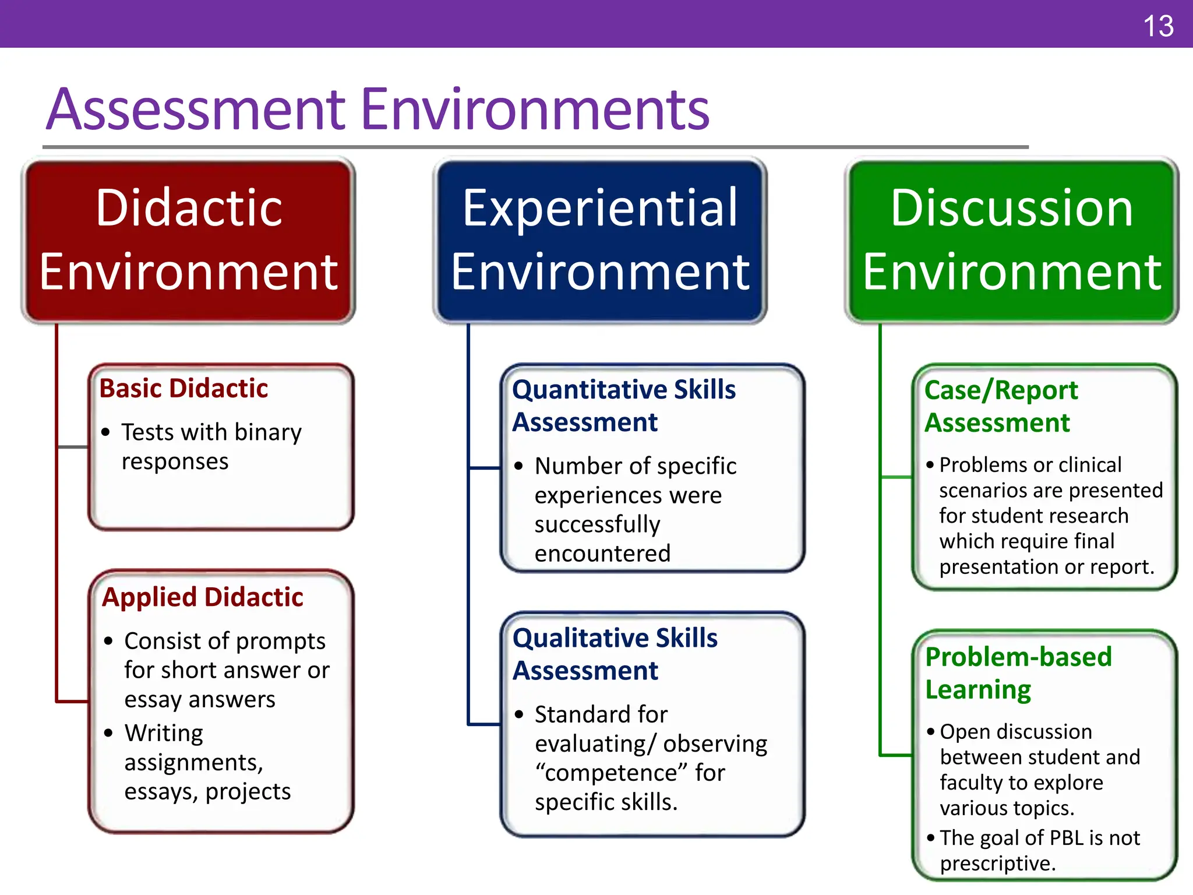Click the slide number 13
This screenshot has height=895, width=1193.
[1158, 27]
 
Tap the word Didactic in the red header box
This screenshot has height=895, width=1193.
[189, 208]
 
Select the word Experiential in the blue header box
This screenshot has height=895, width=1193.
[600, 208]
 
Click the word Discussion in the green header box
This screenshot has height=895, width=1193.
[1012, 208]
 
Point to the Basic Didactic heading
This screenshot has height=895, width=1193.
[183, 389]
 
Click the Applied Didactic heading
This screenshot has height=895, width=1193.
[203, 597]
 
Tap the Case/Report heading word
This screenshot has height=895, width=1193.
[1001, 390]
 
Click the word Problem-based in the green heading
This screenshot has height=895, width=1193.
[1018, 657]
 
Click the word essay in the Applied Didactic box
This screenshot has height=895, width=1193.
[153, 700]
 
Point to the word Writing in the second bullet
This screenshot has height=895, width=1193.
[164, 734]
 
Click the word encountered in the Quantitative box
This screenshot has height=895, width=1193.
[602, 554]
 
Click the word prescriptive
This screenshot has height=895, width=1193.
[997, 864]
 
